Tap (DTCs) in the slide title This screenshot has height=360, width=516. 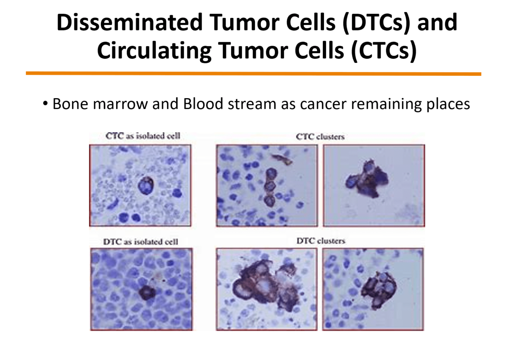[376, 22]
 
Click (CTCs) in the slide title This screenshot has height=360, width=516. [384, 51]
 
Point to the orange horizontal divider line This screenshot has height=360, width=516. [253, 73]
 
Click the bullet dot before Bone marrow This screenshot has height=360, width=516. [46, 104]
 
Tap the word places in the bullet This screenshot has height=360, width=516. [448, 104]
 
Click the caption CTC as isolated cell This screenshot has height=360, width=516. [143, 136]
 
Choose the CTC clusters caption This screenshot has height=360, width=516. [320, 137]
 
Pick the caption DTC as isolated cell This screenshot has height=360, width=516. [141, 242]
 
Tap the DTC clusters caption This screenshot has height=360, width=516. [321, 241]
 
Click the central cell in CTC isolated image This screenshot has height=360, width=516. [146, 185]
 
